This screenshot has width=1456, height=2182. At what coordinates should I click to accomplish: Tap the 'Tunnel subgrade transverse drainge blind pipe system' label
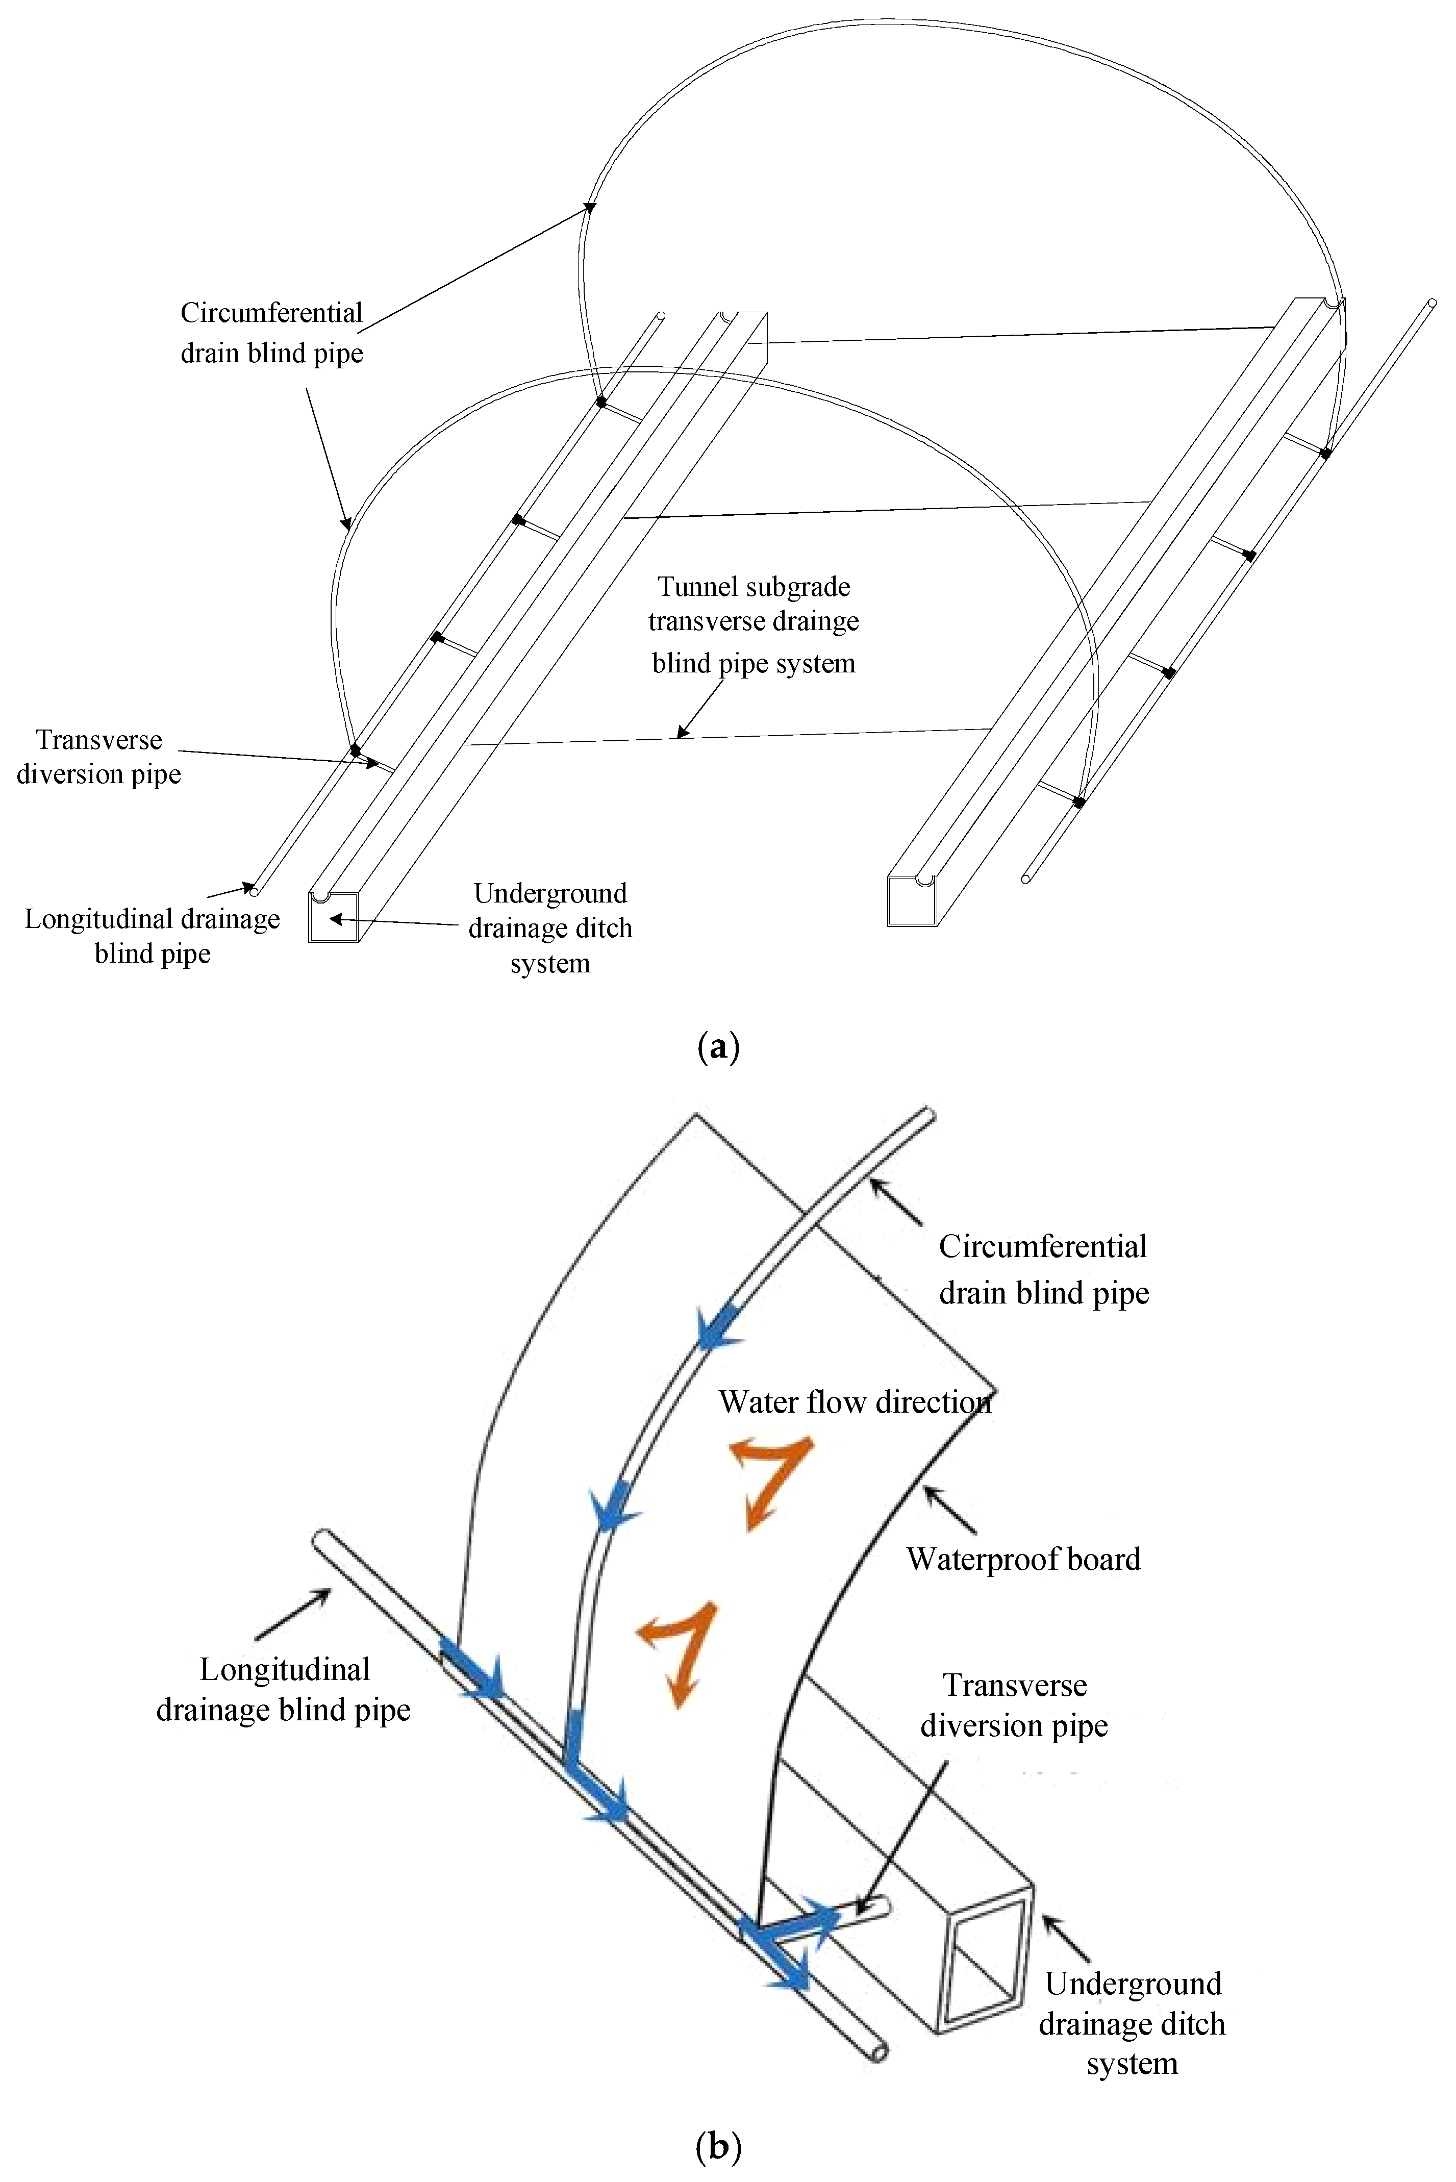tap(753, 625)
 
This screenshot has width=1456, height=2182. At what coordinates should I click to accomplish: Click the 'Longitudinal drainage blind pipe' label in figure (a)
tap(153, 936)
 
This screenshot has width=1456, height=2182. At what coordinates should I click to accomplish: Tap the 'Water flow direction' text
tap(855, 1401)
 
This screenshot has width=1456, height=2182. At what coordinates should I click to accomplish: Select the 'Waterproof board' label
tap(1023, 1559)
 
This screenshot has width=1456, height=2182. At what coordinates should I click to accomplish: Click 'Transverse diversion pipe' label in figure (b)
tap(1014, 1705)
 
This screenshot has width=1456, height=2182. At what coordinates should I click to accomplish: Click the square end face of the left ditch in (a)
tap(333, 917)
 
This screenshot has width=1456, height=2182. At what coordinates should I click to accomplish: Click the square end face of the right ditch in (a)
tap(911, 900)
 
